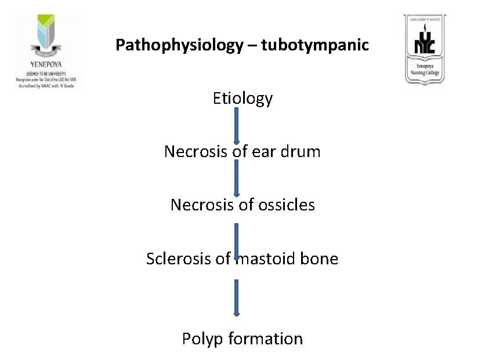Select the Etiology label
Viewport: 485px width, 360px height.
pyautogui.click(x=242, y=99)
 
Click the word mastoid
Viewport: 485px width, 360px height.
pyautogui.click(x=265, y=259)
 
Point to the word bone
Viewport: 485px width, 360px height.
pyautogui.click(x=320, y=259)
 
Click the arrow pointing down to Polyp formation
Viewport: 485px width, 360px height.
pyautogui.click(x=237, y=298)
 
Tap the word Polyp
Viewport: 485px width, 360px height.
pyautogui.click(x=201, y=339)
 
